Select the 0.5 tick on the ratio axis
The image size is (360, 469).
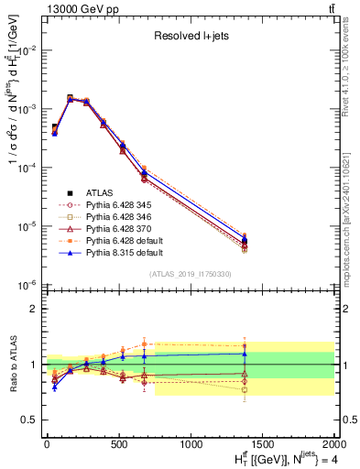29,420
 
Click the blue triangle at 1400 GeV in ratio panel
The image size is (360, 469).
245,354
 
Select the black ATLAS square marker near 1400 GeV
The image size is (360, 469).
245,241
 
